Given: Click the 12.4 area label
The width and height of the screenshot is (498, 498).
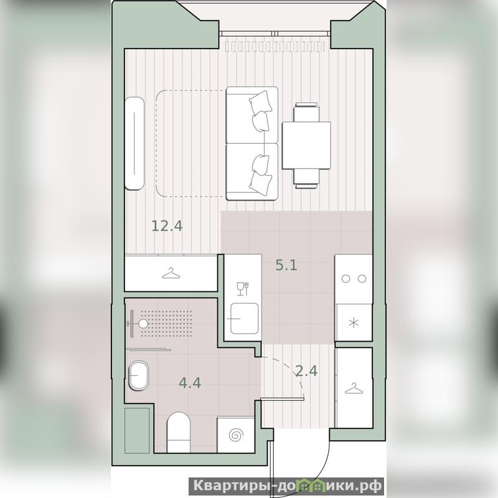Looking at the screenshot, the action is pyautogui.click(x=167, y=226).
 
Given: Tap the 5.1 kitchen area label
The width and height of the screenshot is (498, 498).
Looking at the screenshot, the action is pyautogui.click(x=286, y=265).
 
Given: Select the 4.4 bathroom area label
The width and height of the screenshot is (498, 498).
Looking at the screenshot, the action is pyautogui.click(x=190, y=383).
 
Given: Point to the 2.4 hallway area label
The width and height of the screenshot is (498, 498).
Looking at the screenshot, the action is pyautogui.click(x=306, y=370).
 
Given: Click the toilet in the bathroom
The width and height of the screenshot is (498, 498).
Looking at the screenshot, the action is pyautogui.click(x=179, y=432).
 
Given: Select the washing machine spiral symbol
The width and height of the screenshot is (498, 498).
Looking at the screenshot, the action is pyautogui.click(x=236, y=435).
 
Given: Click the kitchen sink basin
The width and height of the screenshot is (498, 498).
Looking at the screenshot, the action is pyautogui.click(x=244, y=318).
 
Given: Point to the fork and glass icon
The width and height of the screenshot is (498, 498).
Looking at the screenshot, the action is pyautogui.click(x=243, y=289).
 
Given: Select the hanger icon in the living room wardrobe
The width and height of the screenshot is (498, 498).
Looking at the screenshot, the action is pyautogui.click(x=171, y=273).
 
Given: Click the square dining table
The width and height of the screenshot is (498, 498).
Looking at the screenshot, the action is pyautogui.click(x=306, y=146).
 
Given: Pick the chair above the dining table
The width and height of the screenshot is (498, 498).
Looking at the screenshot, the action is pyautogui.click(x=306, y=112).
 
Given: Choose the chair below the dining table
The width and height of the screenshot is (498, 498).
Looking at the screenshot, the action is pyautogui.click(x=306, y=179).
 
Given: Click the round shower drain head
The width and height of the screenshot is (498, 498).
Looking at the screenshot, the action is pyautogui.click(x=144, y=324).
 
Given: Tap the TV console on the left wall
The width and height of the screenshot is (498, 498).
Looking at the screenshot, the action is pyautogui.click(x=134, y=143).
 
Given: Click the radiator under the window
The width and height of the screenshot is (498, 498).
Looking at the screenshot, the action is pyautogui.click(x=275, y=46).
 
